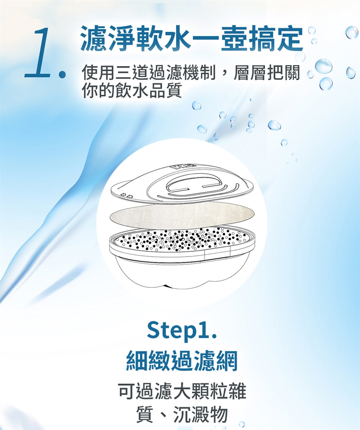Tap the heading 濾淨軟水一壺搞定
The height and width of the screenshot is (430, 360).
[192, 39]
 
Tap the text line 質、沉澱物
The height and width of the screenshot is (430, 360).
[182, 414]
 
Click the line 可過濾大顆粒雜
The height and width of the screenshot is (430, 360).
[182, 391]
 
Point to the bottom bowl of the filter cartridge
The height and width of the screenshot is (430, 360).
[182, 272]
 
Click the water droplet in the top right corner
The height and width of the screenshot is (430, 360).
[351, 33]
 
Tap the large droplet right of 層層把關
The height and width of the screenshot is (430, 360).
[323, 66]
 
